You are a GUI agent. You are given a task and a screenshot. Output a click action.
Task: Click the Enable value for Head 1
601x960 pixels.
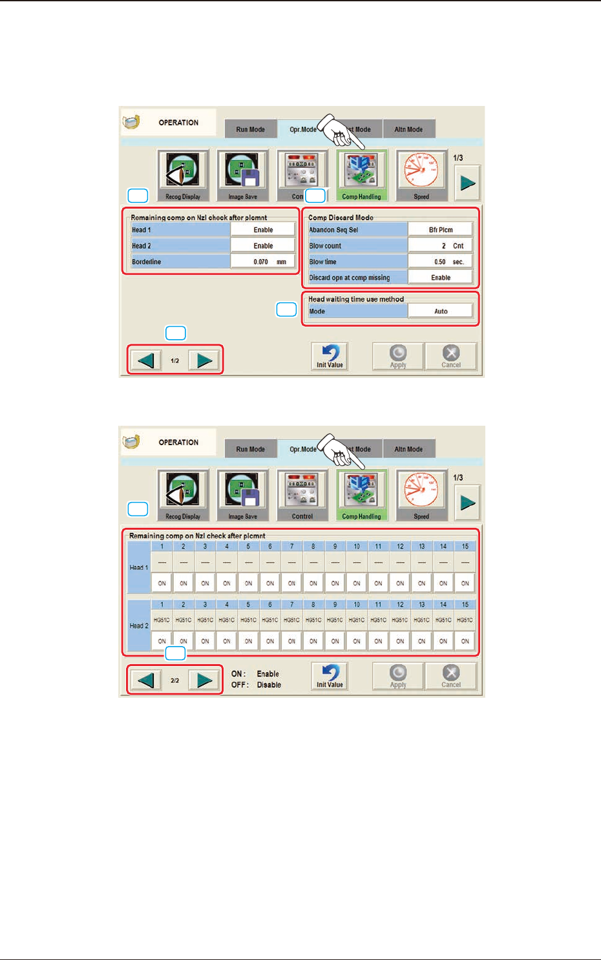[263, 230]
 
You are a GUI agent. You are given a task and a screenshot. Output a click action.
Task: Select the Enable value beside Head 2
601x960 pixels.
[263, 246]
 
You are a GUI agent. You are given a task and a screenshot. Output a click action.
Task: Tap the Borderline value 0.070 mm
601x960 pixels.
[263, 262]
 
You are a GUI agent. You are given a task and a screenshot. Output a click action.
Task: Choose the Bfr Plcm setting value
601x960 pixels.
[441, 230]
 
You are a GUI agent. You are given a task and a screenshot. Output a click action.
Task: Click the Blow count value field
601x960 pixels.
[441, 246]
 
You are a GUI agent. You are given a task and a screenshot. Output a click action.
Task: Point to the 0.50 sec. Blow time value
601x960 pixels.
[441, 262]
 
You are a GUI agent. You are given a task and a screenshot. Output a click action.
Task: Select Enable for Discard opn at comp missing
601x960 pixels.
[441, 278]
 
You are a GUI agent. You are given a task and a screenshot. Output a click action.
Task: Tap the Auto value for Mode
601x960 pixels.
[441, 311]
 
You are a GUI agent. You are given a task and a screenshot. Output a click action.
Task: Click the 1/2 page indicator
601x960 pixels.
[175, 360]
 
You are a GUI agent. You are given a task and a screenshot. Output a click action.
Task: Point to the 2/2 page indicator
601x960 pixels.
[175, 680]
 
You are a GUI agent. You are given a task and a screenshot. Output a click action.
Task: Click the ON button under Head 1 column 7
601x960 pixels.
[291, 583]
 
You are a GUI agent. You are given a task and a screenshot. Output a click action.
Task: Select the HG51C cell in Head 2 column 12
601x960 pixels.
[400, 620]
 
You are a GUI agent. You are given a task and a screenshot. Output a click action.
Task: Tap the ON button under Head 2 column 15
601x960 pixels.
[465, 642]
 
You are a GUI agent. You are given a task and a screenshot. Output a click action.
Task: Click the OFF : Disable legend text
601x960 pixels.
[257, 685]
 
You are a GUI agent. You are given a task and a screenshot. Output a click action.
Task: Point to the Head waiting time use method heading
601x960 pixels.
[355, 299]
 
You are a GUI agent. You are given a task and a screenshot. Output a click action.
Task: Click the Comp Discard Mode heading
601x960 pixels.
[341, 218]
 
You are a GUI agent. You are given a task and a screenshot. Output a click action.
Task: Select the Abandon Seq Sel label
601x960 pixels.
[333, 230]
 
